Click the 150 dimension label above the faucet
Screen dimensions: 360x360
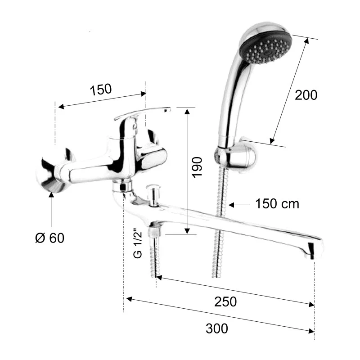(x=101, y=89)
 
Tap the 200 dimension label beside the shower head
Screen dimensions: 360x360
(x=306, y=95)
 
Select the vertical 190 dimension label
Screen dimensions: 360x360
(x=197, y=167)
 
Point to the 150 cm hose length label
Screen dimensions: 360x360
(x=277, y=204)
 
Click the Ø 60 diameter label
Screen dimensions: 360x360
(x=49, y=238)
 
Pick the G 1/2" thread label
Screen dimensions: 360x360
(x=138, y=243)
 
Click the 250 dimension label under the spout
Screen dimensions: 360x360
(x=225, y=301)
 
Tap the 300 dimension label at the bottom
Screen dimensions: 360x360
(x=217, y=328)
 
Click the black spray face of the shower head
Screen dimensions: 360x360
(x=266, y=49)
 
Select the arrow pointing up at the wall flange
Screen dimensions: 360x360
(x=51, y=210)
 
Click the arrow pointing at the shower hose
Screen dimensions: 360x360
(x=239, y=205)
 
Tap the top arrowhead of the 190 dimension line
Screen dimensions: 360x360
(x=187, y=112)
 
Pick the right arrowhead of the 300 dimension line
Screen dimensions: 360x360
(x=311, y=331)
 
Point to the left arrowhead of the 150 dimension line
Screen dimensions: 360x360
(x=61, y=107)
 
